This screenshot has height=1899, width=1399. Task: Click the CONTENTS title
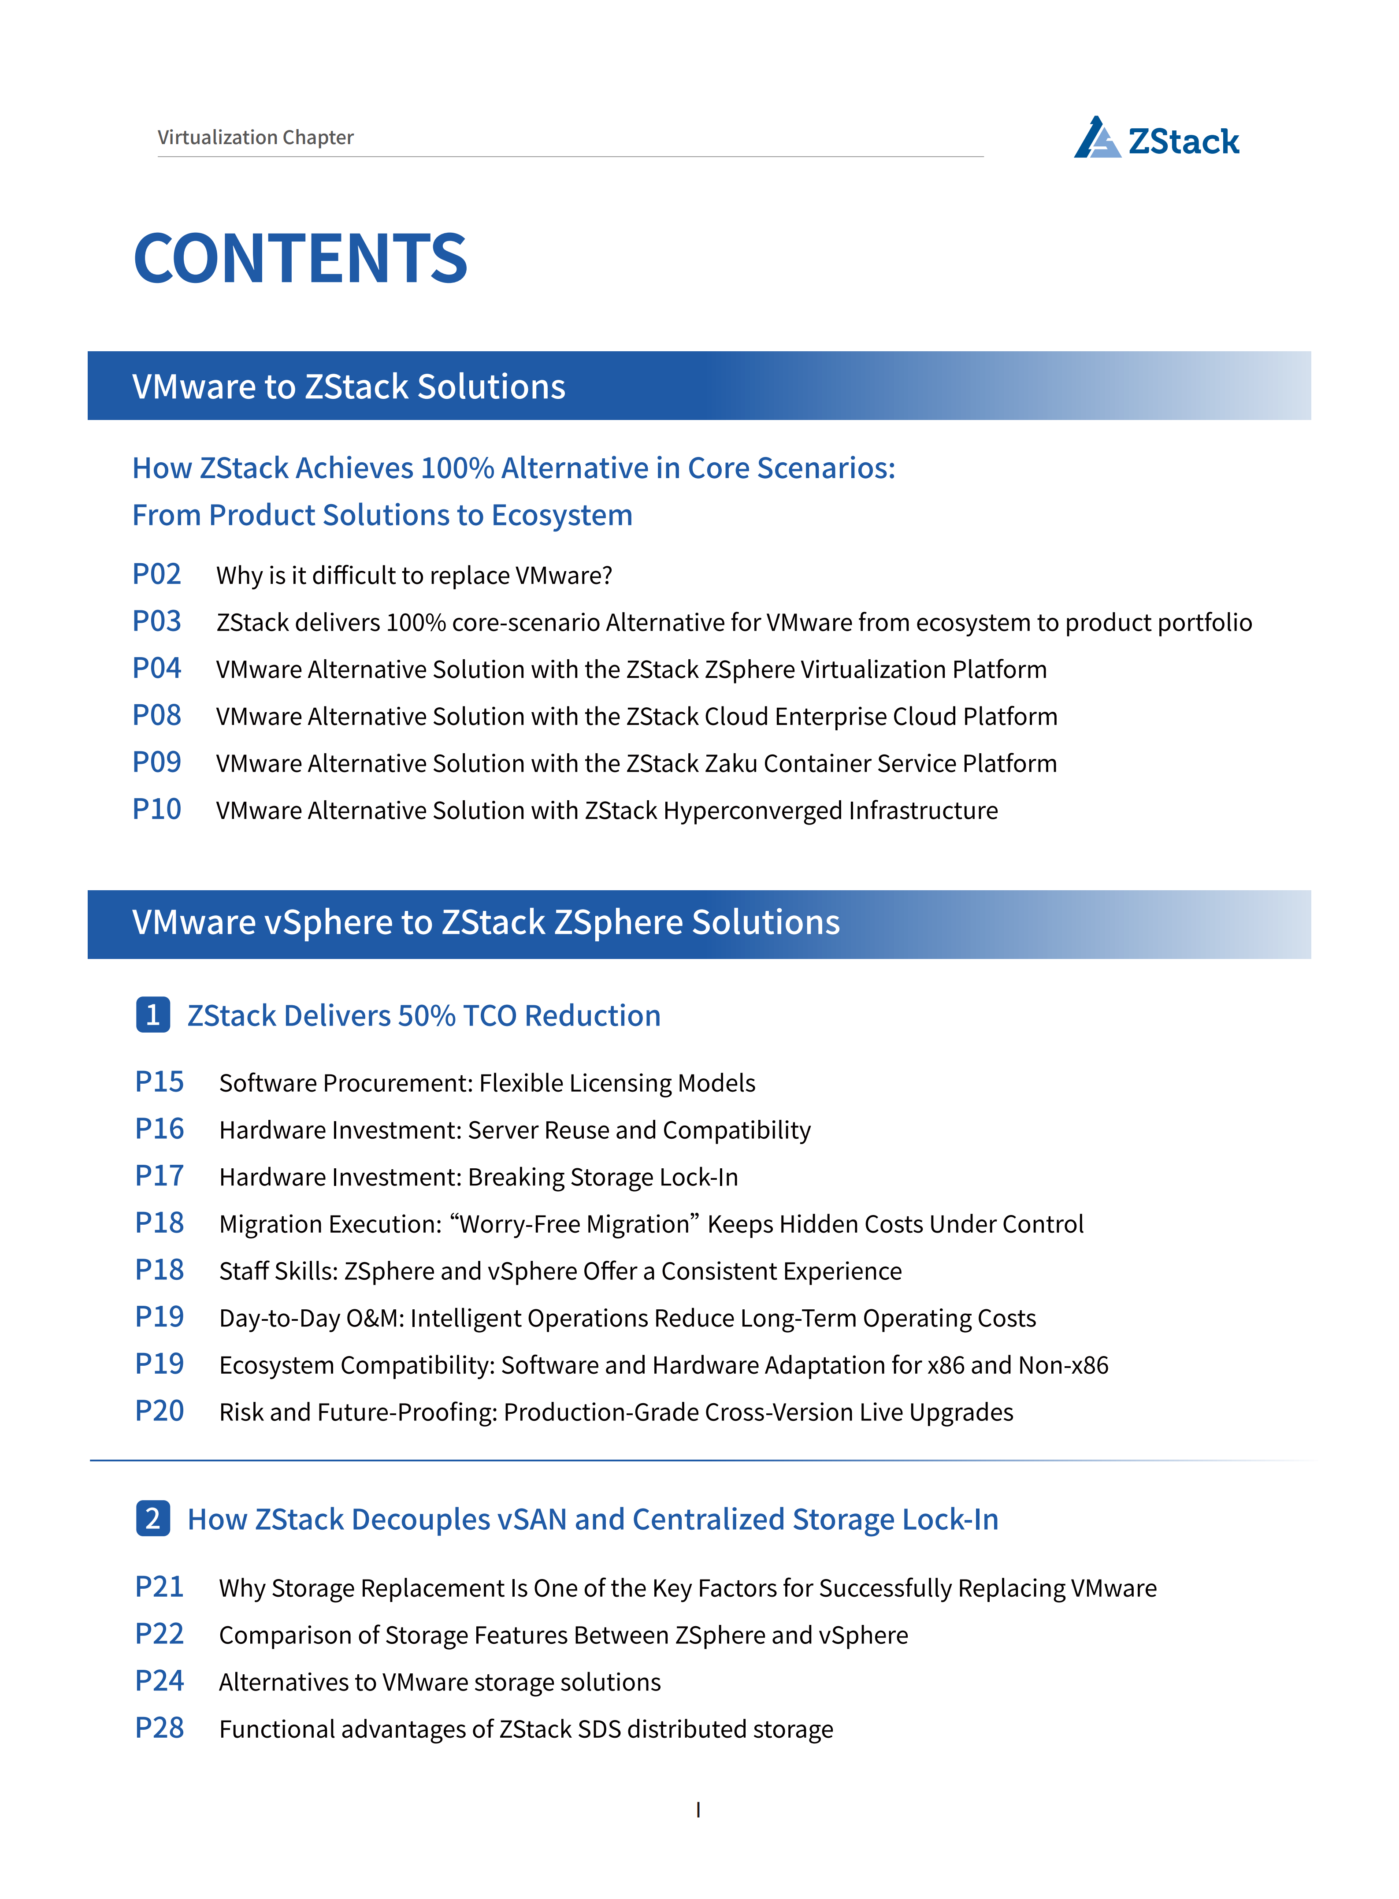(x=301, y=258)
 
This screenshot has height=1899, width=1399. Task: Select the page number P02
(x=157, y=574)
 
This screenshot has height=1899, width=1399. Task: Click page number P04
(x=157, y=668)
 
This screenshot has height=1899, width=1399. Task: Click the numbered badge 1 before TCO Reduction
(x=152, y=1015)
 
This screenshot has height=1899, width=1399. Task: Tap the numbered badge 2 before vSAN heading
(x=152, y=1519)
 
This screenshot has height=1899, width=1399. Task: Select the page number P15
(x=159, y=1081)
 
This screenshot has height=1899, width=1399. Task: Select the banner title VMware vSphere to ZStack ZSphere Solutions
(x=485, y=922)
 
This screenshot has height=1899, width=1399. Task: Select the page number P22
(x=159, y=1634)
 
